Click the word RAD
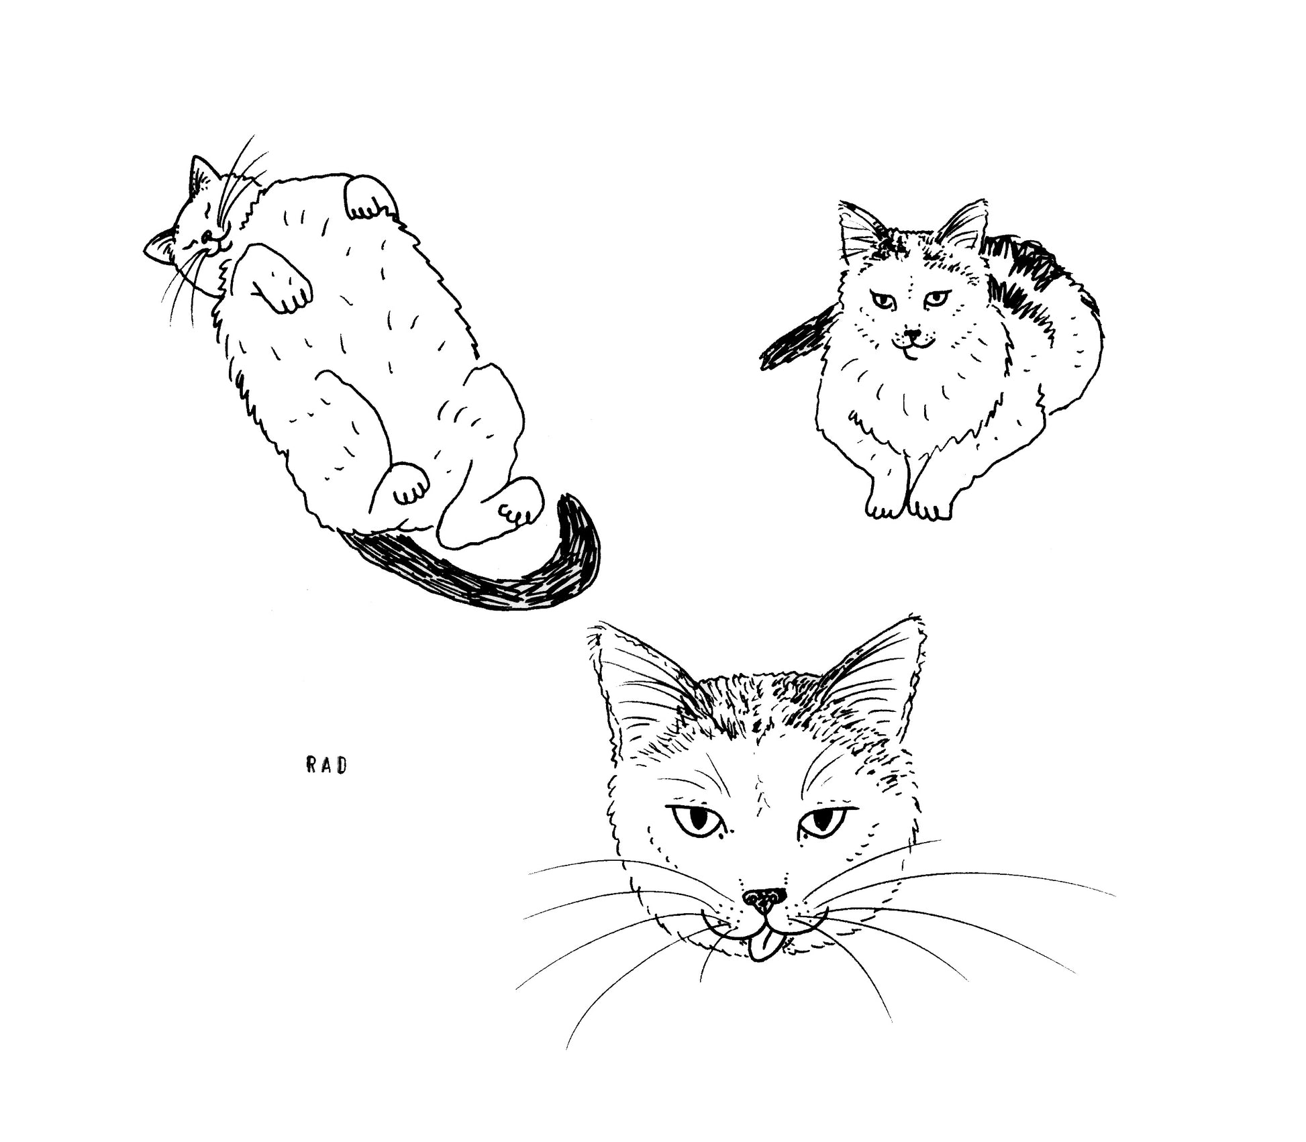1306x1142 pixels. [x=327, y=766]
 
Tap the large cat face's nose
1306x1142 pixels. [x=764, y=900]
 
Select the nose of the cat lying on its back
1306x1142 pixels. [x=207, y=234]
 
